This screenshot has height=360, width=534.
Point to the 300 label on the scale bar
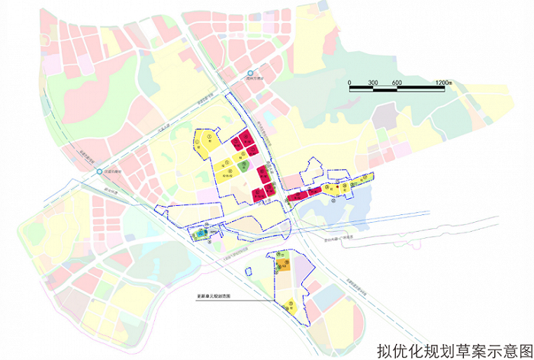[373, 82]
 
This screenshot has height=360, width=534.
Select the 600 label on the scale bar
[397, 82]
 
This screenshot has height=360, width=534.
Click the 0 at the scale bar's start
[349, 82]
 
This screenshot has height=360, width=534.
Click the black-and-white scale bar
[397, 90]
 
